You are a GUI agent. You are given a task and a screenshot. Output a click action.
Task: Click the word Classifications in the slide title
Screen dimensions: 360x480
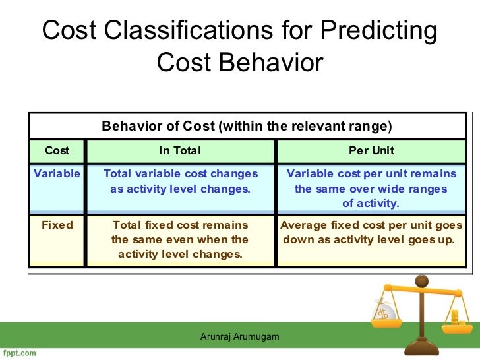202,31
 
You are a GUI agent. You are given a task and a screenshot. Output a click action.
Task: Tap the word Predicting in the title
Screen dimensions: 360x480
378,31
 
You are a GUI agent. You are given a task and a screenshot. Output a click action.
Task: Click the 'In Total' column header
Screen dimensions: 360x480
180,150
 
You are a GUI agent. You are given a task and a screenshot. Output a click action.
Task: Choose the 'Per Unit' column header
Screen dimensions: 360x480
371,150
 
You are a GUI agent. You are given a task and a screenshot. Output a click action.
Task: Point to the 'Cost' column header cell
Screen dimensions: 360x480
57,150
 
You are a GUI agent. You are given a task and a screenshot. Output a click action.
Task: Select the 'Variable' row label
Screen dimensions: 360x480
57,174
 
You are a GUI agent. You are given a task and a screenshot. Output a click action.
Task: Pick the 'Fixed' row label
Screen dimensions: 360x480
57,225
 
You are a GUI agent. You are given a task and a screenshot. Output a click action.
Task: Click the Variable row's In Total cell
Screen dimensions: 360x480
180,181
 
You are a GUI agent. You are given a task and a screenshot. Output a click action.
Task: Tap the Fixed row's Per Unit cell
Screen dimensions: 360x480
371,232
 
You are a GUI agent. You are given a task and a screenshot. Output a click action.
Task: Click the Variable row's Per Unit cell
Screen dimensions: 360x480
371,189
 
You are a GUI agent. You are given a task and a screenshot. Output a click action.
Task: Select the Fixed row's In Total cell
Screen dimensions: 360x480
180,239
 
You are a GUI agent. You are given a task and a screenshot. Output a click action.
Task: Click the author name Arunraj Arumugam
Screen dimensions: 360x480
240,337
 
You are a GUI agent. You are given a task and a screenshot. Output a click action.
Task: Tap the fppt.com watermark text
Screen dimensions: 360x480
18,353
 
